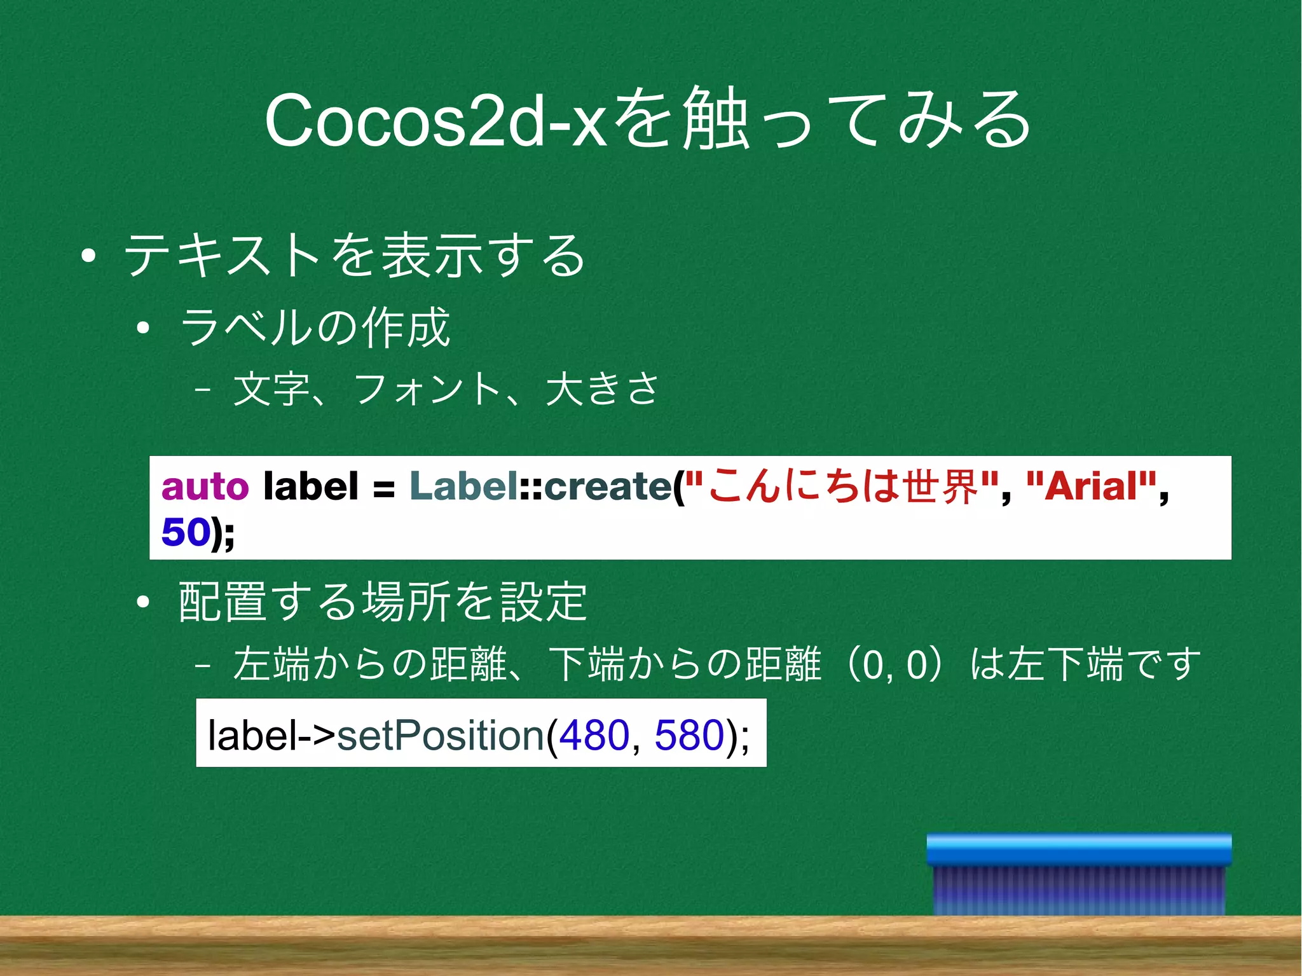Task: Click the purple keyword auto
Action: point(205,486)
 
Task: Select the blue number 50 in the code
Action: point(186,532)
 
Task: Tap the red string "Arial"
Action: point(1091,486)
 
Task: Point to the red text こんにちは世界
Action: point(842,486)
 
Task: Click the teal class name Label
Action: point(463,486)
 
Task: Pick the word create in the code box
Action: point(608,486)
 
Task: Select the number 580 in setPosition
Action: point(689,735)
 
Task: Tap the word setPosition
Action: point(440,735)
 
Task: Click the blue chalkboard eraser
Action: point(1079,874)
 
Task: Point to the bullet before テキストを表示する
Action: point(88,256)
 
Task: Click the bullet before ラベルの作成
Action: point(143,328)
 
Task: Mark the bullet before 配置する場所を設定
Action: point(143,601)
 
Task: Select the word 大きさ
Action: point(603,389)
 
